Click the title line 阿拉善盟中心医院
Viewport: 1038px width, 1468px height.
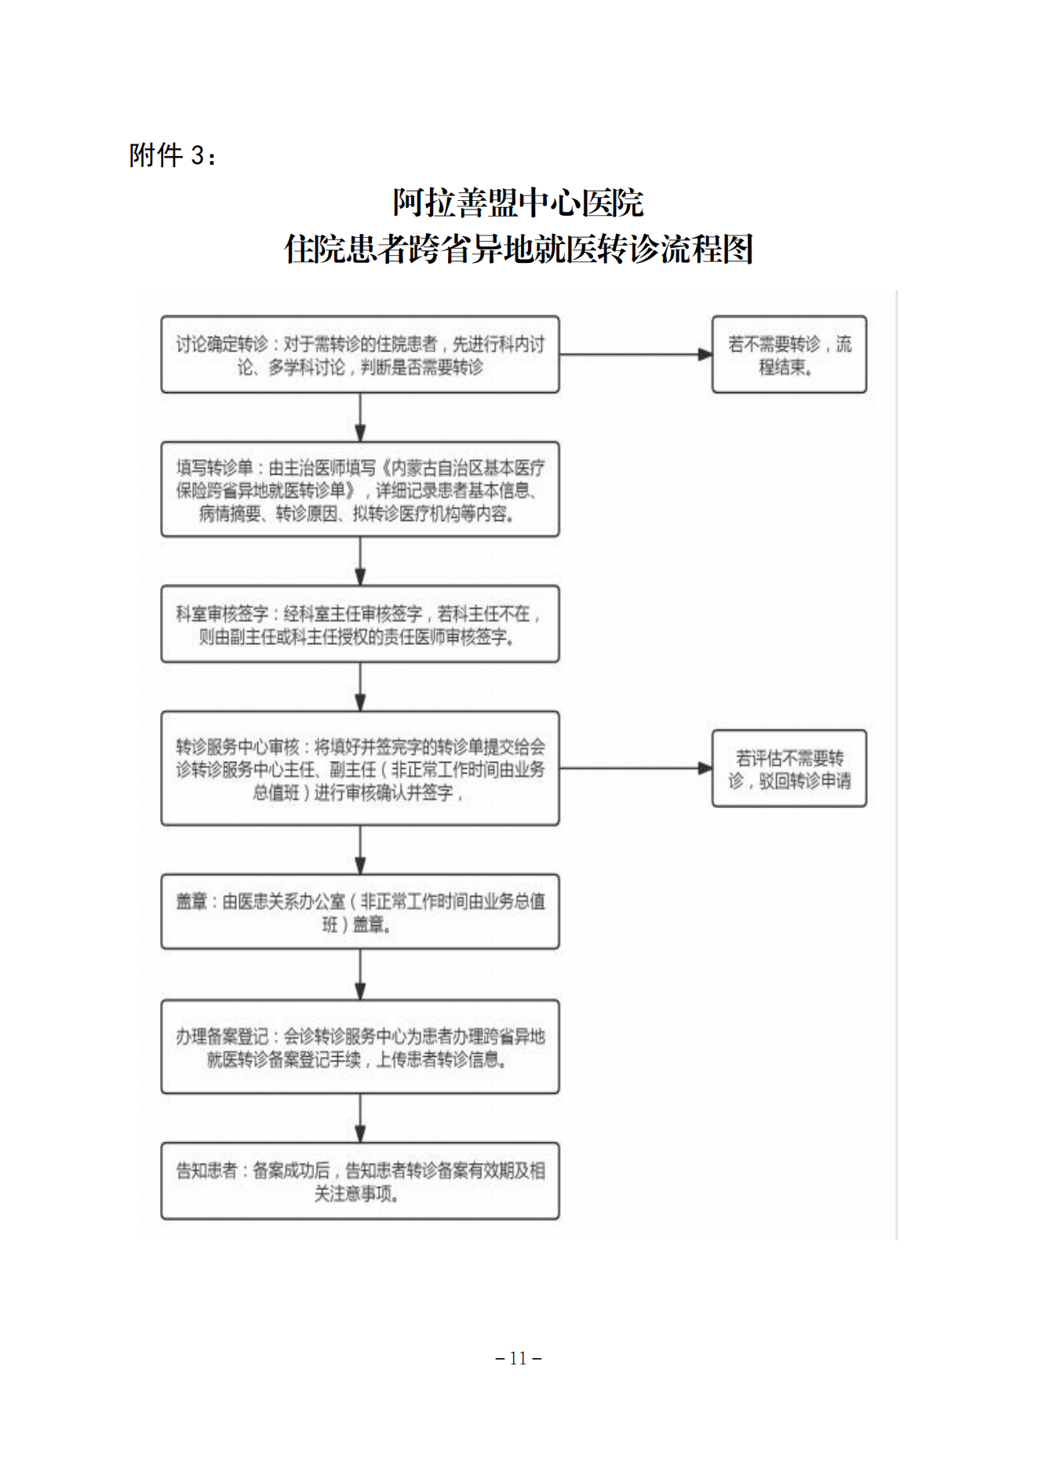point(518,203)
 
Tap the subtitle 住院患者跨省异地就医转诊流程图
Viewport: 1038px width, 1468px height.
point(519,249)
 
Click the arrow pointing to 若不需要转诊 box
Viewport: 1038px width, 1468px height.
point(636,355)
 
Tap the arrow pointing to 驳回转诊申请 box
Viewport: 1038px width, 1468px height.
point(636,769)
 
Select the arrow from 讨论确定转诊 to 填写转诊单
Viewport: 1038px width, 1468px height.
point(360,417)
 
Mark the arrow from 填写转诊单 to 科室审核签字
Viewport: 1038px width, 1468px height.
point(360,561)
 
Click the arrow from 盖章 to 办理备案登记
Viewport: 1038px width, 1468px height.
point(360,974)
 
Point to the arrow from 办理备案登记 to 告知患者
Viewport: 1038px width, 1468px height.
point(360,1119)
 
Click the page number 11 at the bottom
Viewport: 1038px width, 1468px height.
point(519,1358)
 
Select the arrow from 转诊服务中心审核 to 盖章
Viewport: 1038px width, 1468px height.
point(360,850)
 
